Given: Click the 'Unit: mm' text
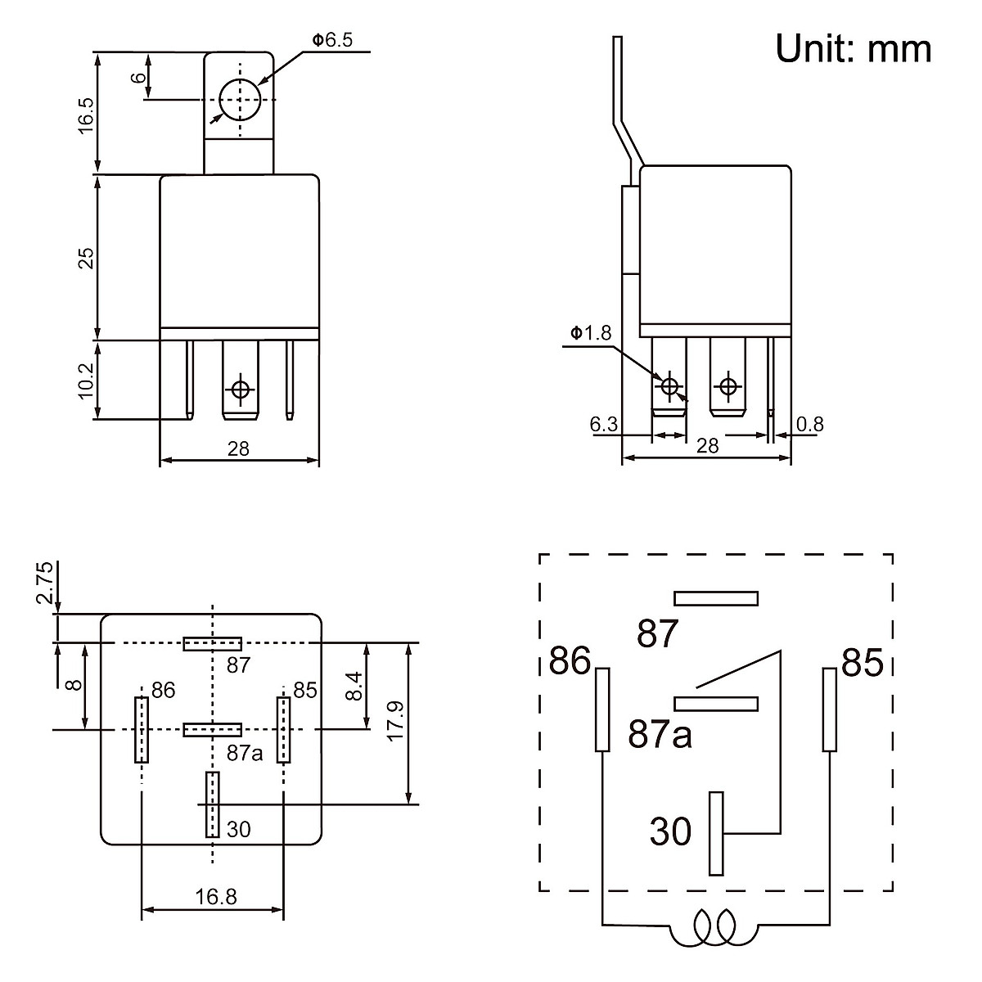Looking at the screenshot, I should tap(854, 48).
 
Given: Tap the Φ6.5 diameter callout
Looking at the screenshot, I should tap(332, 40).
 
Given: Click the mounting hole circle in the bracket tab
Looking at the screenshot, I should tap(240, 100).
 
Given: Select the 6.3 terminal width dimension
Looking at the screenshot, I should tap(603, 424).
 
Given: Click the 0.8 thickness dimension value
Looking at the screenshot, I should tap(810, 424).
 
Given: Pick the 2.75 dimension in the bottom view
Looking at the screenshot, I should tap(45, 582).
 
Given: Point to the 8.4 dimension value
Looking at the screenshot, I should tap(354, 686).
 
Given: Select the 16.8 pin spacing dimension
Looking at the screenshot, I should tap(215, 897).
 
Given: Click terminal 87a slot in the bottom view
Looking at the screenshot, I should tap(213, 729).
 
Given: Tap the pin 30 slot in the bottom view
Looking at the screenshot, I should tap(213, 804).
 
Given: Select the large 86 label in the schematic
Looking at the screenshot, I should tap(570, 661).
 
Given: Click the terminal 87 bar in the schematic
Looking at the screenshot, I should tap(716, 598).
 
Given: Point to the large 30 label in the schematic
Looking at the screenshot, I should tap(671, 832).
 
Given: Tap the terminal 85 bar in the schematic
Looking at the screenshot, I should tap(830, 709).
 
